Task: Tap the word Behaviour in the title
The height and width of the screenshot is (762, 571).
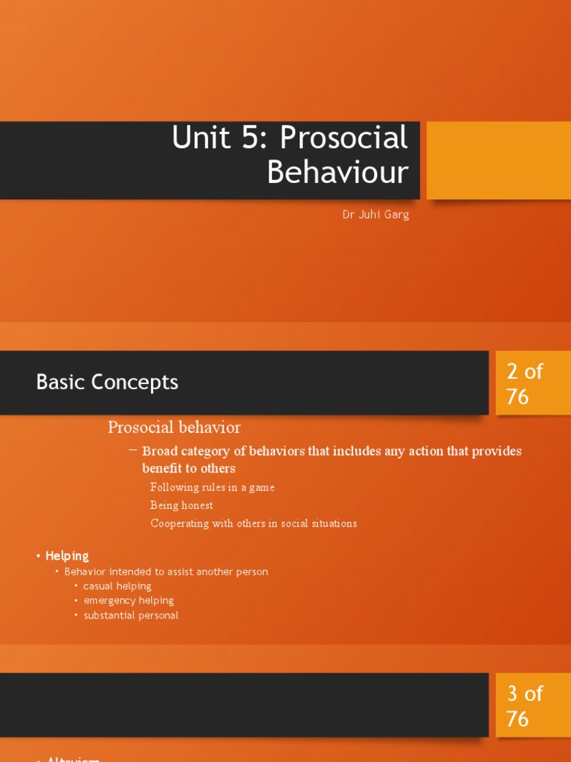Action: pyautogui.click(x=338, y=173)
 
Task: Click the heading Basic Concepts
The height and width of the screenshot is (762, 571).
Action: pyautogui.click(x=107, y=382)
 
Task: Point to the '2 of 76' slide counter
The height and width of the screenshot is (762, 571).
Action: pyautogui.click(x=525, y=384)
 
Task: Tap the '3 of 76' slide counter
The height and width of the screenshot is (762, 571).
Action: pyautogui.click(x=525, y=706)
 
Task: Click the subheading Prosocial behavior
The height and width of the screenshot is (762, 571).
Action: pyautogui.click(x=174, y=427)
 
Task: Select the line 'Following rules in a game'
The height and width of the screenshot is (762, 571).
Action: pyautogui.click(x=212, y=487)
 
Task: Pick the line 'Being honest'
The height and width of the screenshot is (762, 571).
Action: pyautogui.click(x=181, y=505)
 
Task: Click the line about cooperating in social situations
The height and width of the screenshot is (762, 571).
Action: pyautogui.click(x=254, y=523)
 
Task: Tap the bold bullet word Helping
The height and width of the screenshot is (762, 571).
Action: pyautogui.click(x=67, y=556)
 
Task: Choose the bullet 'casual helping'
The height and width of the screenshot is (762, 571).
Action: pyautogui.click(x=117, y=586)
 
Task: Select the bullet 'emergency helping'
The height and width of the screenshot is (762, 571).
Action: pyautogui.click(x=129, y=601)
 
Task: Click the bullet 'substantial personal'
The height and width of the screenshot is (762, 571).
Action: pyautogui.click(x=131, y=615)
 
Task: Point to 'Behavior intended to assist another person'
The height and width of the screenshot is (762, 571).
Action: pyautogui.click(x=166, y=571)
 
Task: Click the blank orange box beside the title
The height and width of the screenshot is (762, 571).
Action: pyautogui.click(x=498, y=160)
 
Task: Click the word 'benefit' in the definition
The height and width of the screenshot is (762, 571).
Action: pyautogui.click(x=164, y=468)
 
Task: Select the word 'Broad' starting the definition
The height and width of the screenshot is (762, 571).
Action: pyautogui.click(x=158, y=451)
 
